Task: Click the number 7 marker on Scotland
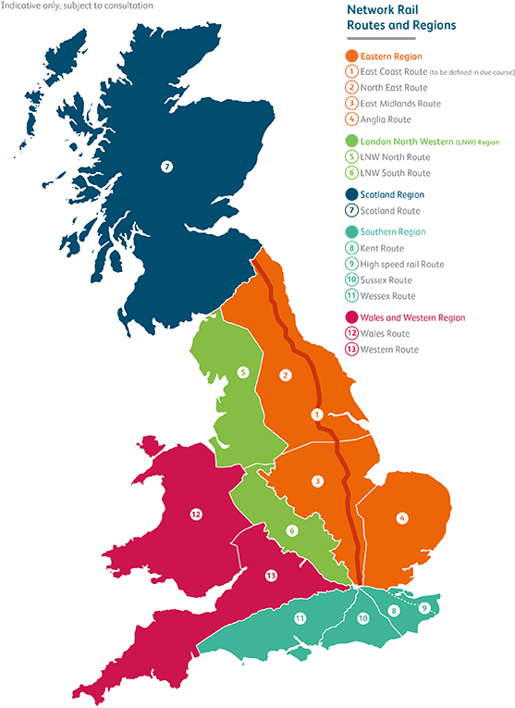[166, 167]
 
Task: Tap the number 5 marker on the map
[242, 373]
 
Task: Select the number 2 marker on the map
[286, 375]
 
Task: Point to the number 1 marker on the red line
[317, 414]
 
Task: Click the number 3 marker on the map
[317, 481]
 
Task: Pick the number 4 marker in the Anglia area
[402, 518]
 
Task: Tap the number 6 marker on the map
[291, 530]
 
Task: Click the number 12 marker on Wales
[196, 515]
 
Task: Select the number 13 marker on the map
[271, 576]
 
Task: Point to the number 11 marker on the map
[300, 617]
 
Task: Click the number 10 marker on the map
[363, 618]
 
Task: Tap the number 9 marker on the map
[423, 608]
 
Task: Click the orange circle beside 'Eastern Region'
[351, 56]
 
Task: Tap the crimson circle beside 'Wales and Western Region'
[351, 317]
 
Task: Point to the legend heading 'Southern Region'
[393, 232]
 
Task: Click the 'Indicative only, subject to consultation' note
[78, 6]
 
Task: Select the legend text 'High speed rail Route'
[402, 265]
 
